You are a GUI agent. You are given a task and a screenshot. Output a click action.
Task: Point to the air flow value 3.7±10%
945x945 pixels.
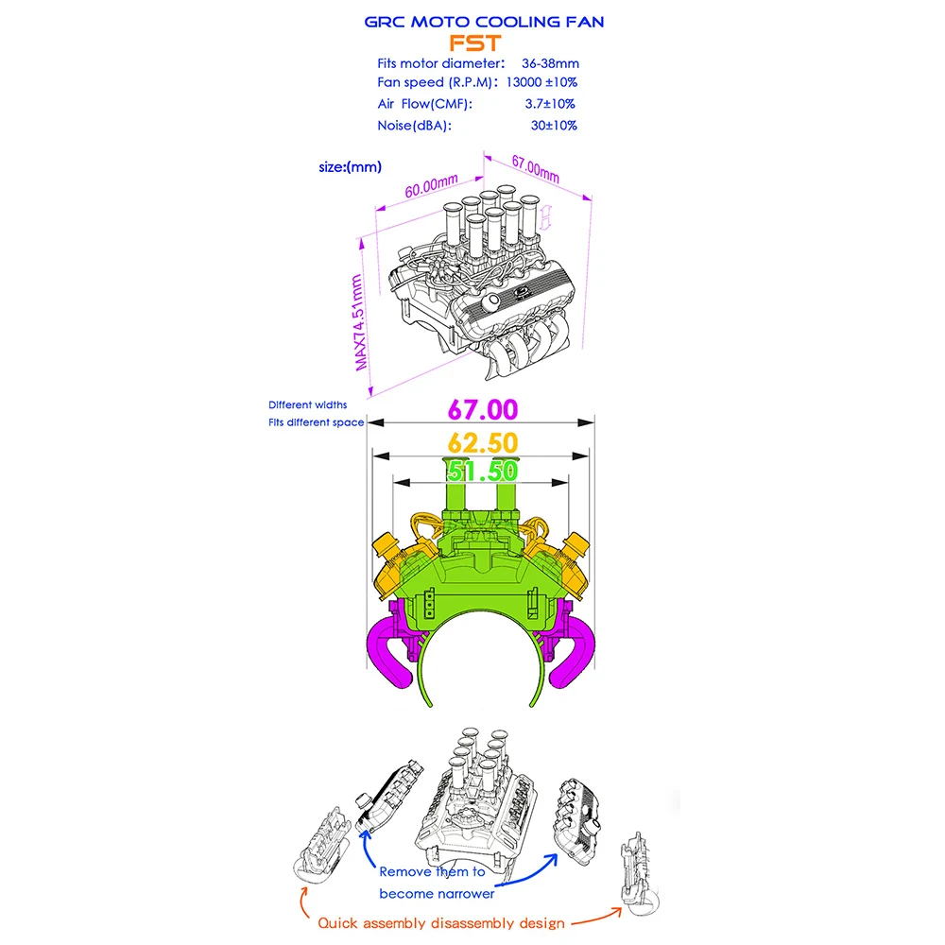click(x=552, y=104)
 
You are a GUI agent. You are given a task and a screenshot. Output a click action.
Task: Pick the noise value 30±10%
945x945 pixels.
click(x=554, y=125)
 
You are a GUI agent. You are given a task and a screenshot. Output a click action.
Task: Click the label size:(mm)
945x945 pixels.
click(x=351, y=167)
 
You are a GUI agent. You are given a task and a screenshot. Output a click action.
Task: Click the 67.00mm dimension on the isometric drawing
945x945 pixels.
click(x=535, y=170)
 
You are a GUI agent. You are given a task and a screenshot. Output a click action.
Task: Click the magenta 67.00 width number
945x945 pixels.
click(x=483, y=410)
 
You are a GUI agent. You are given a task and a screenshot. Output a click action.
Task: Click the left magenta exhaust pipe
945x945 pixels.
click(x=389, y=652)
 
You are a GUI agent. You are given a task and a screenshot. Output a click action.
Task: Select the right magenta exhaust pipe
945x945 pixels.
click(x=573, y=652)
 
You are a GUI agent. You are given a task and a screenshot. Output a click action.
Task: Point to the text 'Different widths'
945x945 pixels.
click(x=307, y=404)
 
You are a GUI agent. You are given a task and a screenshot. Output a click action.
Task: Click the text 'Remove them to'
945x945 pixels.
click(x=432, y=872)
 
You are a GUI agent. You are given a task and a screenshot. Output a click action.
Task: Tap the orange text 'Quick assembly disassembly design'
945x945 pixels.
click(x=441, y=923)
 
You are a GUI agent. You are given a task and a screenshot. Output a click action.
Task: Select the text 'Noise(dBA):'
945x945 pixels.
click(x=414, y=125)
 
